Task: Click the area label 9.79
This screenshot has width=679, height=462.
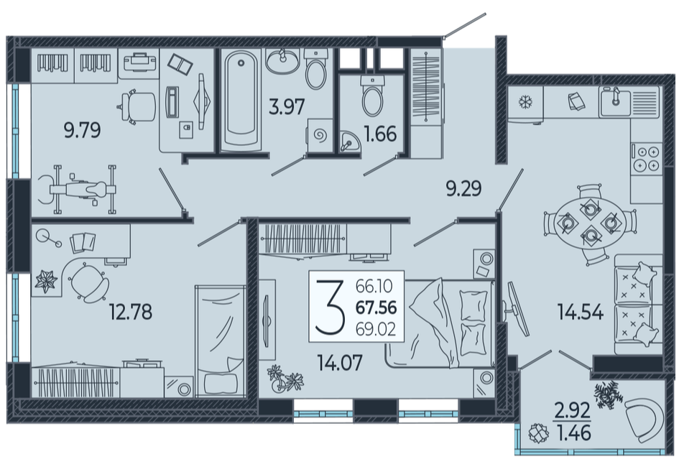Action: pos(83,130)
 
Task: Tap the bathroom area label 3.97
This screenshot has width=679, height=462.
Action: pos(287,106)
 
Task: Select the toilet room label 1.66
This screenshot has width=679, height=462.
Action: pos(381,134)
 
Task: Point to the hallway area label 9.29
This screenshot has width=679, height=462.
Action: pos(463,189)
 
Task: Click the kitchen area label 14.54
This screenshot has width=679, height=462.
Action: pos(581,312)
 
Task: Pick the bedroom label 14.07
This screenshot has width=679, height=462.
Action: pos(339,363)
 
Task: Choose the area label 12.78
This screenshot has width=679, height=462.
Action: pos(131,312)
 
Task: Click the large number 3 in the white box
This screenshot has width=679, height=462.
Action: pos(330,307)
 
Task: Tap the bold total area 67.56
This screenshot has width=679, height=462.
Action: pos(376,308)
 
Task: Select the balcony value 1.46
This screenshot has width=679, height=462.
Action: pos(573,433)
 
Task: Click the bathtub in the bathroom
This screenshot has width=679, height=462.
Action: pos(241,100)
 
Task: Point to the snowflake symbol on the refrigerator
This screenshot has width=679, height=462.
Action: pos(525,103)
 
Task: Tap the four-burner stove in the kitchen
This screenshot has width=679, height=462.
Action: pos(647,159)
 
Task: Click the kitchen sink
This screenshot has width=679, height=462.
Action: pos(615,102)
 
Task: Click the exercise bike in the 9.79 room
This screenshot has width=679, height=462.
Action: pos(78,189)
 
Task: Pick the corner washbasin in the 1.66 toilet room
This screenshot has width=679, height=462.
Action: pos(349,142)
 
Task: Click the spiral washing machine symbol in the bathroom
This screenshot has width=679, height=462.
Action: pos(320,136)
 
